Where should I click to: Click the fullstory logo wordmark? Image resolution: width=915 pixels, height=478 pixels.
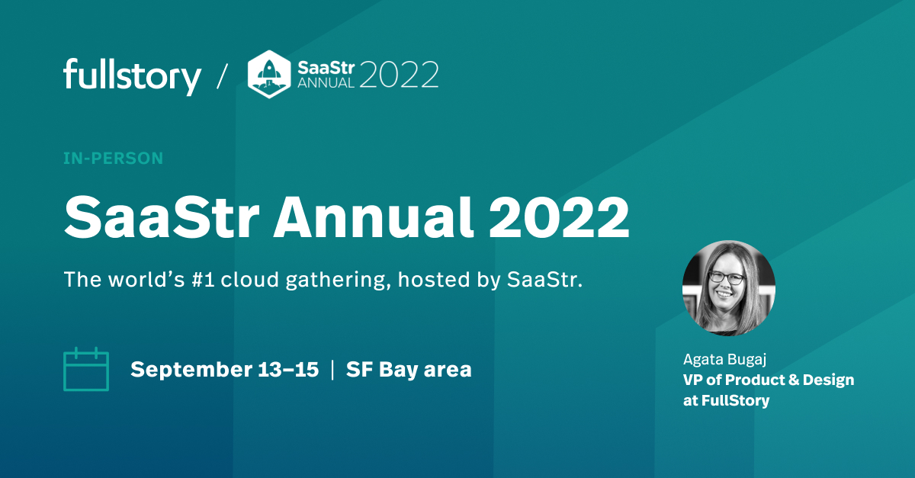(x=132, y=75)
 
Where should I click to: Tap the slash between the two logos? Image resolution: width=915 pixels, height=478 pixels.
(x=222, y=76)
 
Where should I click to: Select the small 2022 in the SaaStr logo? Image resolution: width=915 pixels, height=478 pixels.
(x=398, y=75)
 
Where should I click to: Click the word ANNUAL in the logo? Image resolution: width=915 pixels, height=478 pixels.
(x=326, y=83)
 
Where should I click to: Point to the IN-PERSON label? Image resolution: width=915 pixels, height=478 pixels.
(x=113, y=159)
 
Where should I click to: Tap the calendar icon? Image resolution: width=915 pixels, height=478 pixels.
(x=85, y=370)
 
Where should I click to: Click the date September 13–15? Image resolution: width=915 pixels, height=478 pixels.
(x=224, y=370)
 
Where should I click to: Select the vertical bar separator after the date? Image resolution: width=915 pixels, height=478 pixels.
(x=332, y=370)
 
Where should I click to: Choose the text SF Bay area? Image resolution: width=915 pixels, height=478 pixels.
(x=409, y=370)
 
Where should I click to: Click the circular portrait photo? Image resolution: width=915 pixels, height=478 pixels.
(x=728, y=288)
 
